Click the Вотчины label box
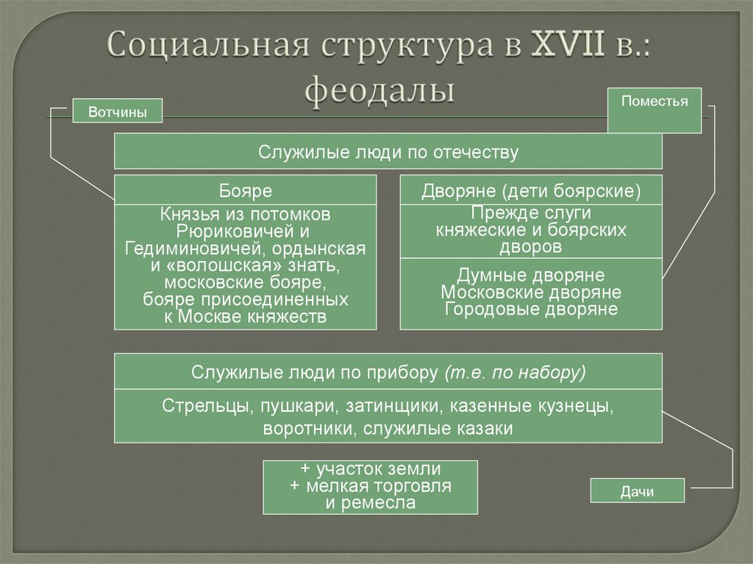pyautogui.click(x=117, y=112)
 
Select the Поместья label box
pyautogui.click(x=654, y=110)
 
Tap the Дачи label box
pyautogui.click(x=638, y=490)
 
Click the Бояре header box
pyautogui.click(x=245, y=191)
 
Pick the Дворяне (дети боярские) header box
pyautogui.click(x=531, y=191)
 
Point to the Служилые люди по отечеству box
pyautogui.click(x=388, y=152)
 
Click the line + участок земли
pyautogui.click(x=370, y=469)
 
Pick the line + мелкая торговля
pyautogui.click(x=370, y=486)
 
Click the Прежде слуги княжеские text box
pyautogui.click(x=531, y=231)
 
